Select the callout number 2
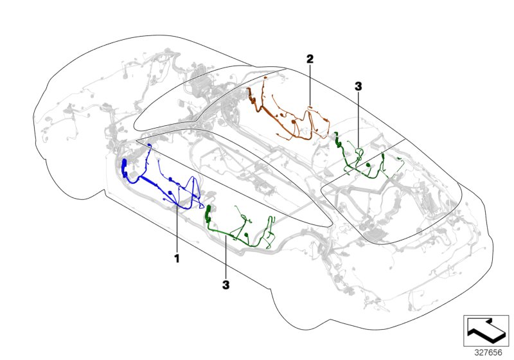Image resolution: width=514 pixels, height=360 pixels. click(310, 59)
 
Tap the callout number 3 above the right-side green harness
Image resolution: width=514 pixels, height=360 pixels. click(359, 86)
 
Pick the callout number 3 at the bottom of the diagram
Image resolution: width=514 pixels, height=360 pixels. click(226, 283)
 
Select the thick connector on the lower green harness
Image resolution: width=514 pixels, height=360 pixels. click(209, 215)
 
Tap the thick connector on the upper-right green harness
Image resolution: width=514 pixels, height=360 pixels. click(337, 139)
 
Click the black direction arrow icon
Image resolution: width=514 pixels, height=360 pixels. click(486, 329)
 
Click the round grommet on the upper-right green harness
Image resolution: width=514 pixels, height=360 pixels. click(368, 166)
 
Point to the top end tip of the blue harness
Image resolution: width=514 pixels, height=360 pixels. click(149, 146)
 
